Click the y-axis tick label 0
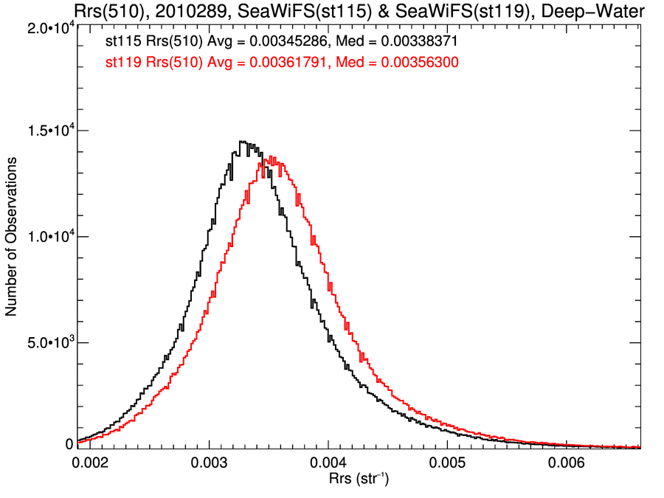coord(69,444)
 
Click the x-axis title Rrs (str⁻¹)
coord(359,480)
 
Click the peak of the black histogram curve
coord(241,142)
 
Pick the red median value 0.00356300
coord(418,63)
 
